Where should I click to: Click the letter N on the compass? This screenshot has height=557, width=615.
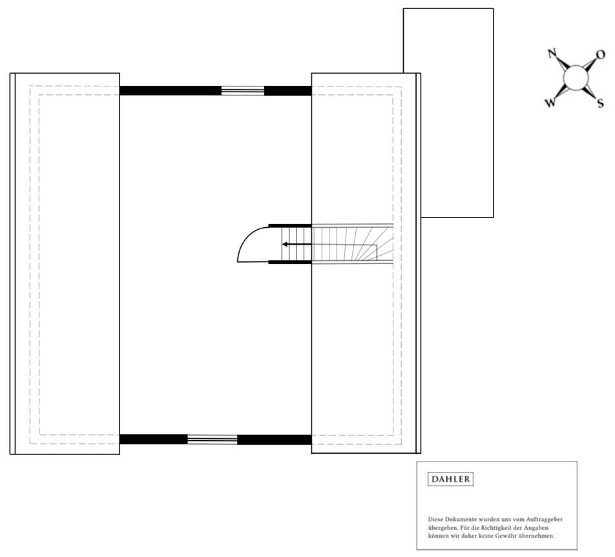pyautogui.click(x=552, y=54)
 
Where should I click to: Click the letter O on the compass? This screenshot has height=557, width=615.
pyautogui.click(x=600, y=54)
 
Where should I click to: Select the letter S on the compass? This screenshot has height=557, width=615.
pyautogui.click(x=600, y=103)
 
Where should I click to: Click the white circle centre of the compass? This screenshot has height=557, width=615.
pyautogui.click(x=576, y=79)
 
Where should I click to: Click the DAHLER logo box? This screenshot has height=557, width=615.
pyautogui.click(x=451, y=480)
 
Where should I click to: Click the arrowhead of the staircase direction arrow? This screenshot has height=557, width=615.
pyautogui.click(x=285, y=245)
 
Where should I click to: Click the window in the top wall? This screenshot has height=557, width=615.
pyautogui.click(x=243, y=91)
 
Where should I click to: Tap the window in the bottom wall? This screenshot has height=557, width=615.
pyautogui.click(x=213, y=440)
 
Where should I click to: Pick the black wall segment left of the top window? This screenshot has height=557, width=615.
pyautogui.click(x=171, y=91)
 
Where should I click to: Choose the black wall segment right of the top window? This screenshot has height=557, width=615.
pyautogui.click(x=288, y=91)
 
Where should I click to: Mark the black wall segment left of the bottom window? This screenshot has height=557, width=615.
pyautogui.click(x=154, y=440)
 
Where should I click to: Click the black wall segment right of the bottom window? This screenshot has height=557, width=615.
pyautogui.click(x=275, y=440)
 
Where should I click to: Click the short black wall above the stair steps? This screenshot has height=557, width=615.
pyautogui.click(x=290, y=225)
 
